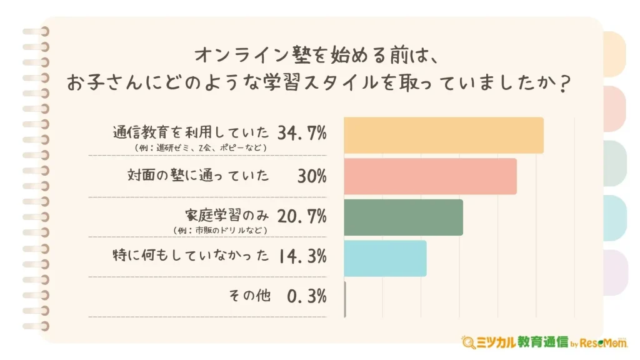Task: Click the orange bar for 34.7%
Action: (x=444, y=135)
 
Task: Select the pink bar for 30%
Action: (x=430, y=176)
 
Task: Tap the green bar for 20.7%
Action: (x=403, y=217)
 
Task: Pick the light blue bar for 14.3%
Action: (x=385, y=258)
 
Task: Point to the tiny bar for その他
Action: (x=345, y=299)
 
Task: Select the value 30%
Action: (x=312, y=176)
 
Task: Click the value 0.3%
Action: (x=306, y=296)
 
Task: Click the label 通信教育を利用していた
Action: (x=191, y=132)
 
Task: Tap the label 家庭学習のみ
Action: (x=226, y=216)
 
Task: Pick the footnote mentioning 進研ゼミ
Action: (x=200, y=148)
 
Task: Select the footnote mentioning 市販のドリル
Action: (x=220, y=231)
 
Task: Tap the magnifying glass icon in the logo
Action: (x=467, y=342)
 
